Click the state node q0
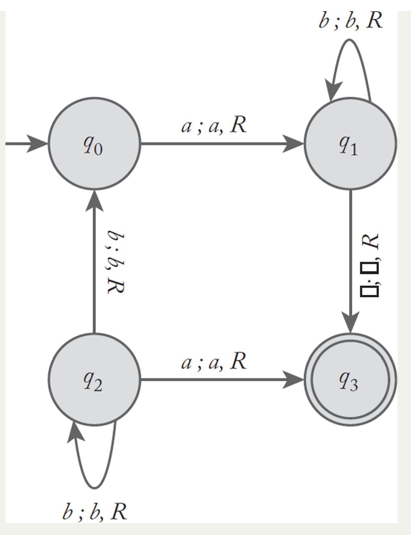coord(94,144)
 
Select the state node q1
coord(350,144)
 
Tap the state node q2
coord(94,380)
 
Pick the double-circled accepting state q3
coord(350,380)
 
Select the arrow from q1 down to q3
coord(351,256)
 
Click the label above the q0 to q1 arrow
coord(214,125)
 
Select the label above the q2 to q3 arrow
coord(214,362)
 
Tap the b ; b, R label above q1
coord(351,21)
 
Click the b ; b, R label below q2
coord(95,511)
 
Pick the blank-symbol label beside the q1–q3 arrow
coord(370,266)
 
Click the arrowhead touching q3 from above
coord(351,323)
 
